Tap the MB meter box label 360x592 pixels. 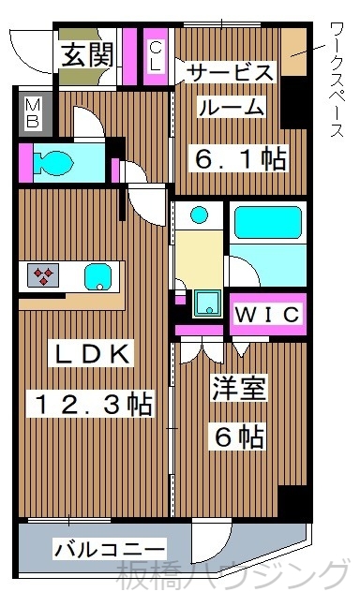click(x=32, y=111)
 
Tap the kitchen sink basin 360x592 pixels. click(x=97, y=276)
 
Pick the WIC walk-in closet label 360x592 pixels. click(x=266, y=314)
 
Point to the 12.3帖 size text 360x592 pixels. click(x=93, y=405)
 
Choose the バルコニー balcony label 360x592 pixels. click(x=109, y=548)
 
